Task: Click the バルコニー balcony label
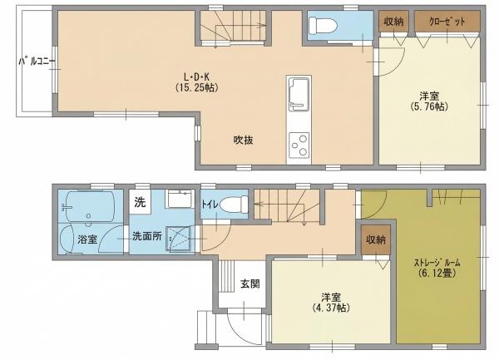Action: point(37,62)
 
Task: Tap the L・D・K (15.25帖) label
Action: point(197,82)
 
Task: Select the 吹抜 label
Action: point(244,140)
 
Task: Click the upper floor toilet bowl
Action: point(323,26)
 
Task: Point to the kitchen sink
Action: point(299,94)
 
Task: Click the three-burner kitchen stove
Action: point(299,145)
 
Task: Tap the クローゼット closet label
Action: point(447,22)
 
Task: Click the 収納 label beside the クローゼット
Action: point(393,22)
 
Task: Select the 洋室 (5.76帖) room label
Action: point(429,101)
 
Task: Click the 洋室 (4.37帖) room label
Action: point(331,303)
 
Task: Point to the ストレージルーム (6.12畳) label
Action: point(437,268)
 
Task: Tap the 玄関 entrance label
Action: point(249,284)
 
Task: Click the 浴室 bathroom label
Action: point(87,239)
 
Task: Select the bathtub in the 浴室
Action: point(87,206)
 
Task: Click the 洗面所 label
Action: point(147,236)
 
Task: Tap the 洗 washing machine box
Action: point(140,202)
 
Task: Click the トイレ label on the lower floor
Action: point(210,205)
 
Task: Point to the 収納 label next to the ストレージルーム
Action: point(376,239)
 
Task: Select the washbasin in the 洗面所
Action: point(180,199)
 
